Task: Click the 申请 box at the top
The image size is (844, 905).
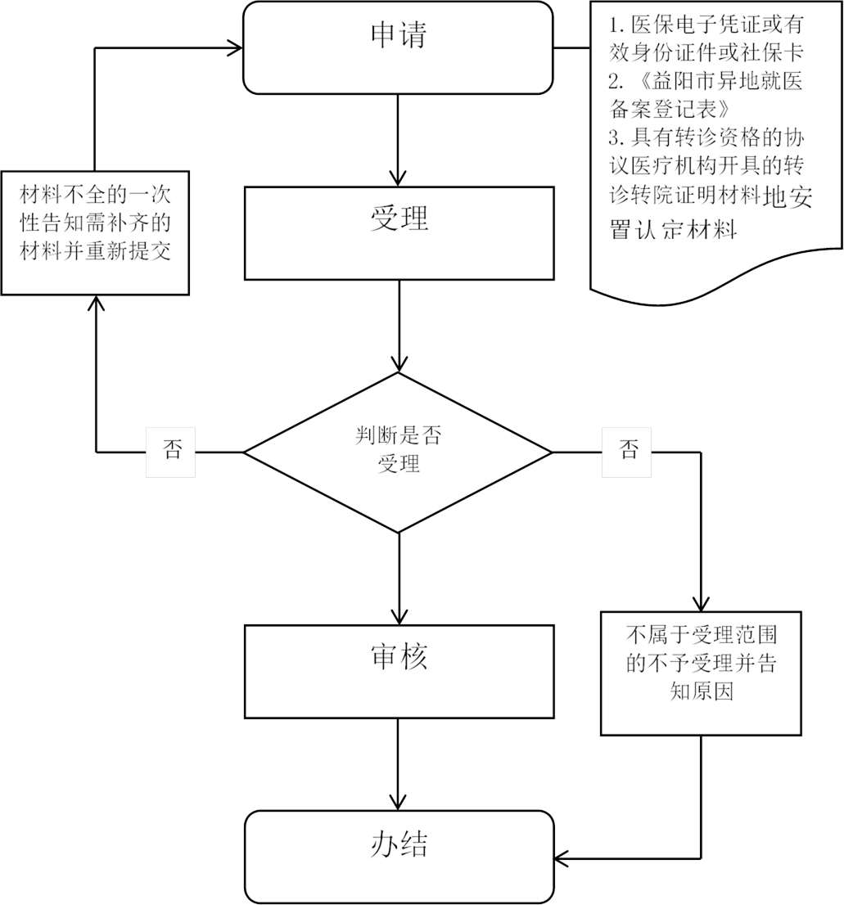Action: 398,47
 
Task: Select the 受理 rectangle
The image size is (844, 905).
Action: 398,233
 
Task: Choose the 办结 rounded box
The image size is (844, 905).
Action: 398,856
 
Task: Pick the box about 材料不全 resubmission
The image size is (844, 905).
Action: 96,232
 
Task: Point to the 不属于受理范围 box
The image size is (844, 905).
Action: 701,672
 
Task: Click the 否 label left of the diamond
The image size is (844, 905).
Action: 172,451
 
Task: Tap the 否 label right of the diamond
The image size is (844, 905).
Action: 629,451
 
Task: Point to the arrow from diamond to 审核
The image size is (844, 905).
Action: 398,577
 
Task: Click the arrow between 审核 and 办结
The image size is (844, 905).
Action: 398,764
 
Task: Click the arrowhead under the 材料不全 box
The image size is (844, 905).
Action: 96,304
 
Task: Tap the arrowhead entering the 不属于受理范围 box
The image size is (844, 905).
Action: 701,602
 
